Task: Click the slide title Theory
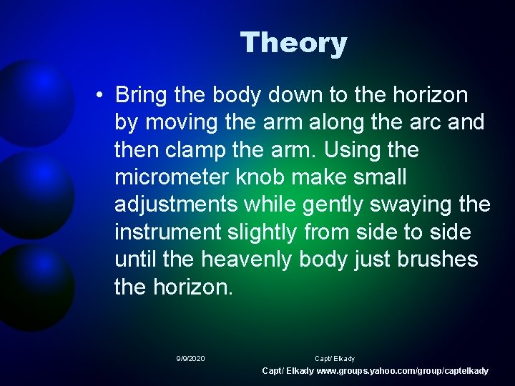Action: (x=293, y=43)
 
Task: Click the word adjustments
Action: (x=176, y=205)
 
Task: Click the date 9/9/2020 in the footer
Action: (x=190, y=358)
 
